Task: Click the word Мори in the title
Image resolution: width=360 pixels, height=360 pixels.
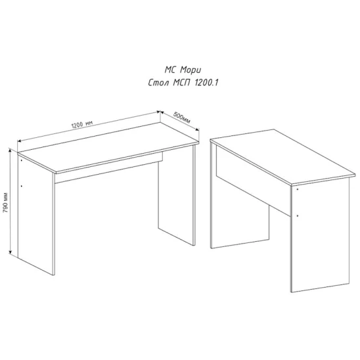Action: [191, 70]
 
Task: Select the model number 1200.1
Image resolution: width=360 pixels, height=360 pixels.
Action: [206, 83]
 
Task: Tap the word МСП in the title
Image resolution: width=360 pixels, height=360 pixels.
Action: [181, 83]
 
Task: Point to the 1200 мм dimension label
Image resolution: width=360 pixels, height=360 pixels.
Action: [82, 125]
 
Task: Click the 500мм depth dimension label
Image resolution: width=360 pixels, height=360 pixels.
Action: [181, 118]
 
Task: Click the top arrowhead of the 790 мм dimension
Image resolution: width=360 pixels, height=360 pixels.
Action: [10, 150]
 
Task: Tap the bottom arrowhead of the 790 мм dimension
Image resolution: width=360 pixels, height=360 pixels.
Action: [10, 252]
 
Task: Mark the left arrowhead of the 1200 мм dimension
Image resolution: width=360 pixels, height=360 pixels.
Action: [20, 141]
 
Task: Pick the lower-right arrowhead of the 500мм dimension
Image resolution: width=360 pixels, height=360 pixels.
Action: [197, 129]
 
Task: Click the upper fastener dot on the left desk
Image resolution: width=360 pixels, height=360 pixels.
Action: [22, 160]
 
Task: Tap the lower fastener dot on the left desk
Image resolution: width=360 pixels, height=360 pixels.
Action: [22, 186]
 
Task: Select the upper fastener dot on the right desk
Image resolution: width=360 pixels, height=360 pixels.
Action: [298, 189]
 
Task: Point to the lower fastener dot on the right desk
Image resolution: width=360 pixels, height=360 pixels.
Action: [298, 216]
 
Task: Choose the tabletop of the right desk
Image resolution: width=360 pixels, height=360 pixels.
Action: [283, 157]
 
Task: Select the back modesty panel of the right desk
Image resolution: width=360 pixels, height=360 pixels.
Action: [252, 181]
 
